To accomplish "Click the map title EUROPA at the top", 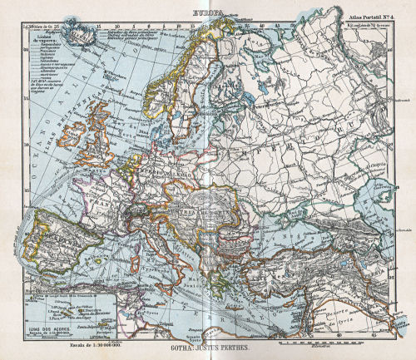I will (207, 12).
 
